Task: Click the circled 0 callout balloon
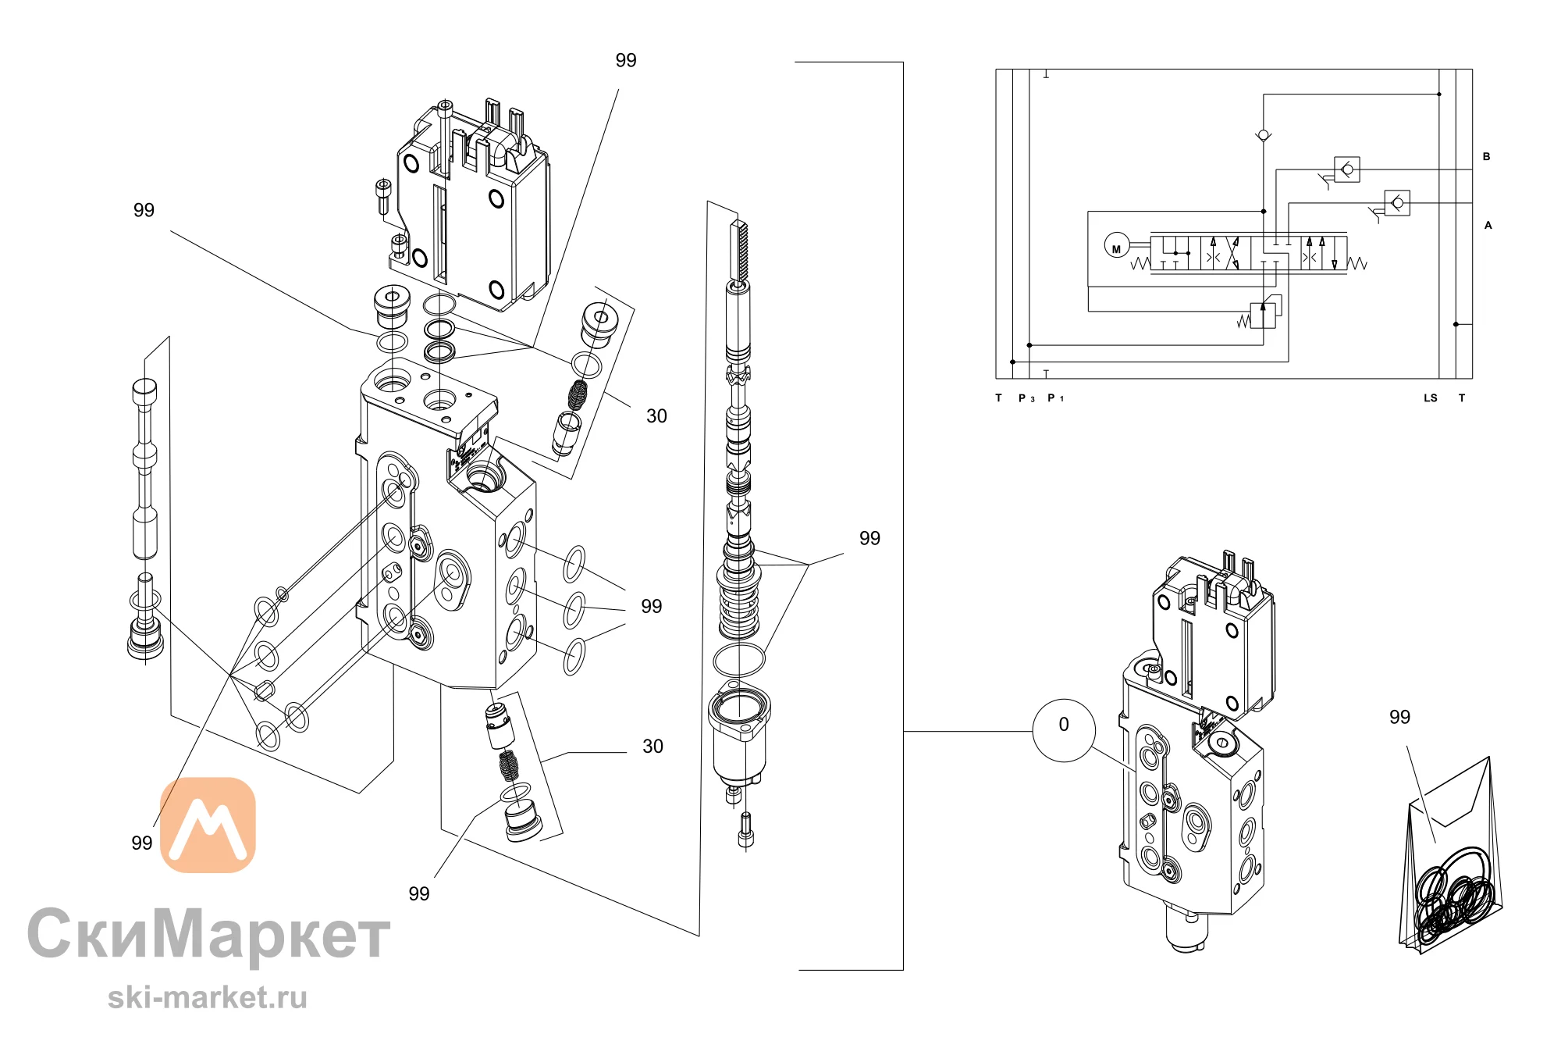(1063, 730)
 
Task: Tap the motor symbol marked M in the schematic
(1116, 246)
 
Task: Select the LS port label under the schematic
(1430, 398)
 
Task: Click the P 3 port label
(1026, 398)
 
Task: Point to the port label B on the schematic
(1486, 157)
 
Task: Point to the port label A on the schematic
(1488, 226)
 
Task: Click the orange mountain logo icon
(208, 824)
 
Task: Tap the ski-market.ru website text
(208, 997)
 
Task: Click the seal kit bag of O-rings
(1451, 856)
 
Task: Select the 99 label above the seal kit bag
(1399, 717)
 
